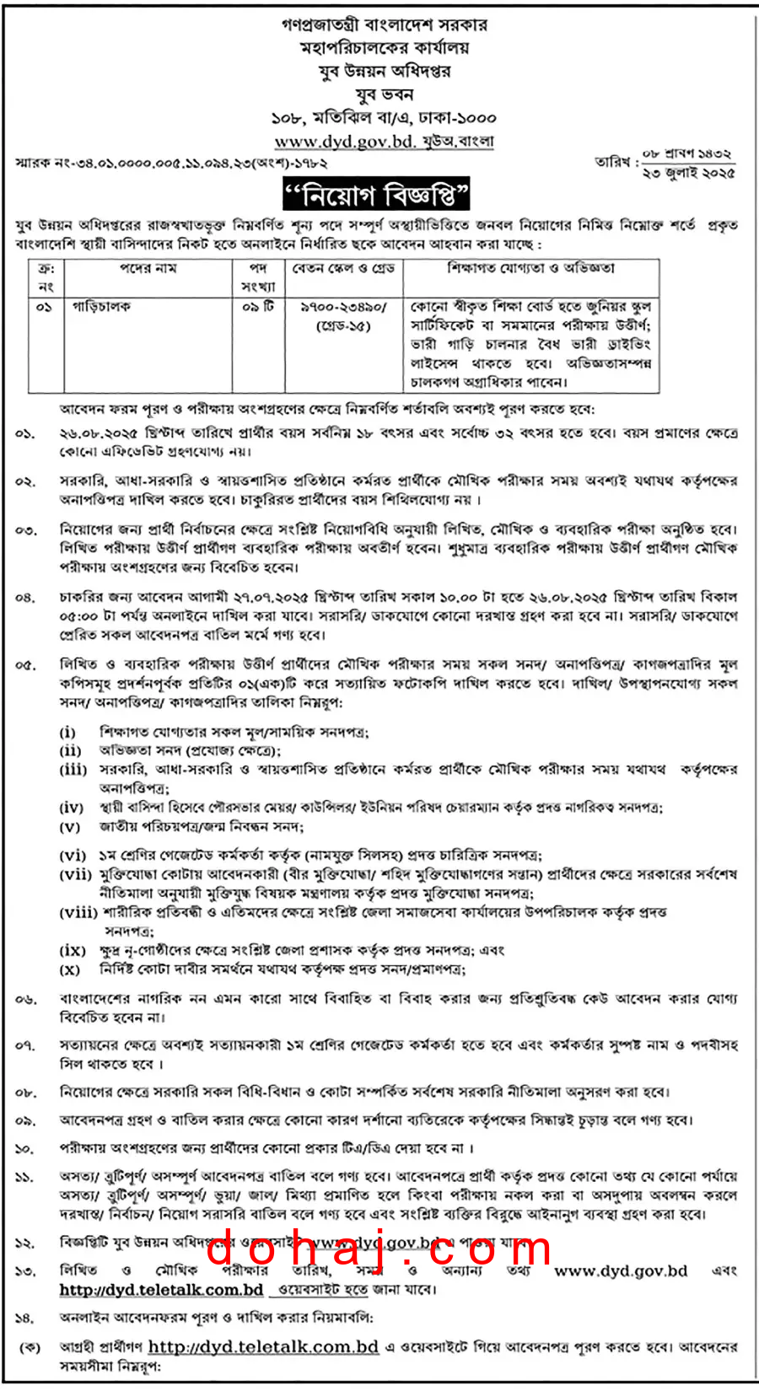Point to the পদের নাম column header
[x=148, y=268]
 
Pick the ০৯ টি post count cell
[x=258, y=307]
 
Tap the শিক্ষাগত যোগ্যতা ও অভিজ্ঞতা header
[x=530, y=268]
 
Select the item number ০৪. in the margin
[x=25, y=598]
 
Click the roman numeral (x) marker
[x=70, y=969]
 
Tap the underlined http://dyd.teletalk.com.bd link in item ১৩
[x=161, y=1290]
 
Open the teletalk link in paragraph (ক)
[x=263, y=1347]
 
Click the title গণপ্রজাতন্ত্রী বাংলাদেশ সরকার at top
[x=384, y=24]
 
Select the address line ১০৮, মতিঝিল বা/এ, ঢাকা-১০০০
[x=384, y=118]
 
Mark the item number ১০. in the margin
[x=25, y=1148]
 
